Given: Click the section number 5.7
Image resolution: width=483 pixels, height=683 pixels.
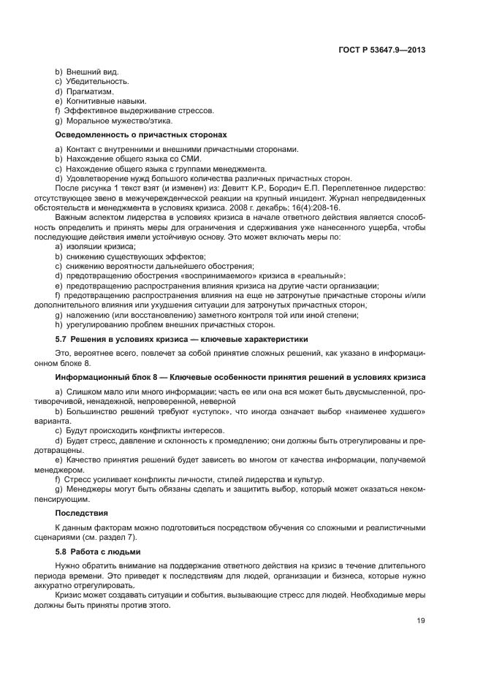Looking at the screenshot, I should [62, 340].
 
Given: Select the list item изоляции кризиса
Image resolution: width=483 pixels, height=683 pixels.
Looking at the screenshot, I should [101, 248].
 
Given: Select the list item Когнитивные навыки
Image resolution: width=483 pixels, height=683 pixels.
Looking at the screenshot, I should [106, 101].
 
